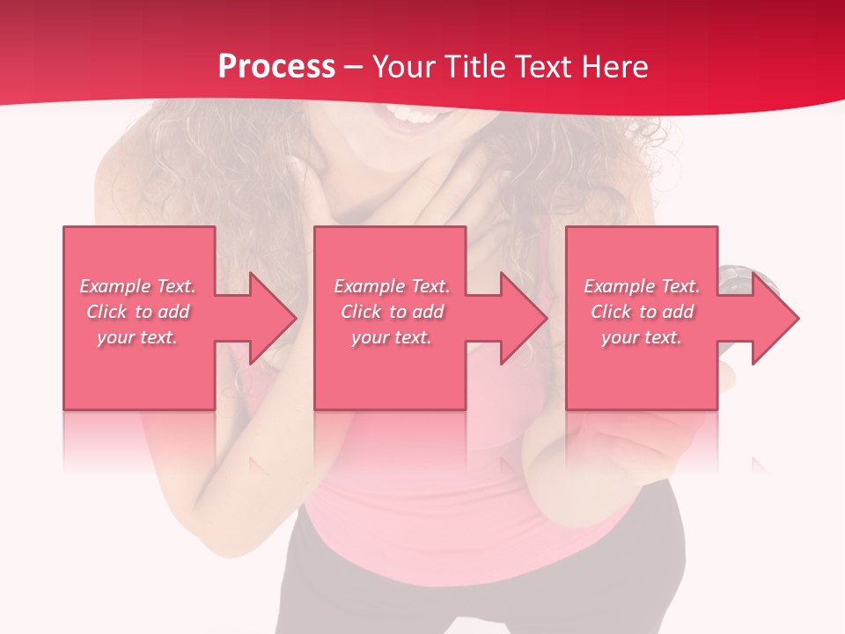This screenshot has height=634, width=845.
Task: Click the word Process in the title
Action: coord(276,67)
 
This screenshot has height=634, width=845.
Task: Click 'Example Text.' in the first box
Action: coord(138,286)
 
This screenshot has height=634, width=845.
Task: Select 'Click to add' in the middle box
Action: coord(393,312)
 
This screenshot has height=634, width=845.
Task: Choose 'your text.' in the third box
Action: coord(642,337)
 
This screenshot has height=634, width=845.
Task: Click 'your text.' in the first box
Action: coord(138,337)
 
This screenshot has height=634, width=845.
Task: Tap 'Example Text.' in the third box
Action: coord(642,286)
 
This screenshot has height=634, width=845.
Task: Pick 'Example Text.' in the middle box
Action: coord(393,286)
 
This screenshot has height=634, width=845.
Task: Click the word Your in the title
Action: coord(402,67)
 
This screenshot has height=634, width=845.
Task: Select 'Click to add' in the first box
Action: coord(138,312)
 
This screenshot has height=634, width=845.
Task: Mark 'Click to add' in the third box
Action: coord(642,312)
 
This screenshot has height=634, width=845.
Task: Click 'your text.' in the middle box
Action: coord(393,337)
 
